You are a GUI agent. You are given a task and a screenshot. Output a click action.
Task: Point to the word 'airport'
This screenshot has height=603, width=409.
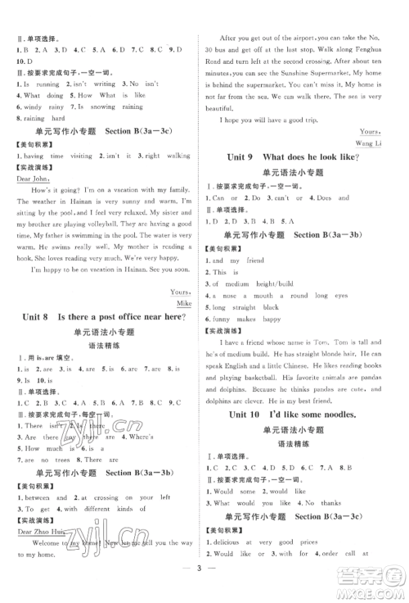(293, 39)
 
